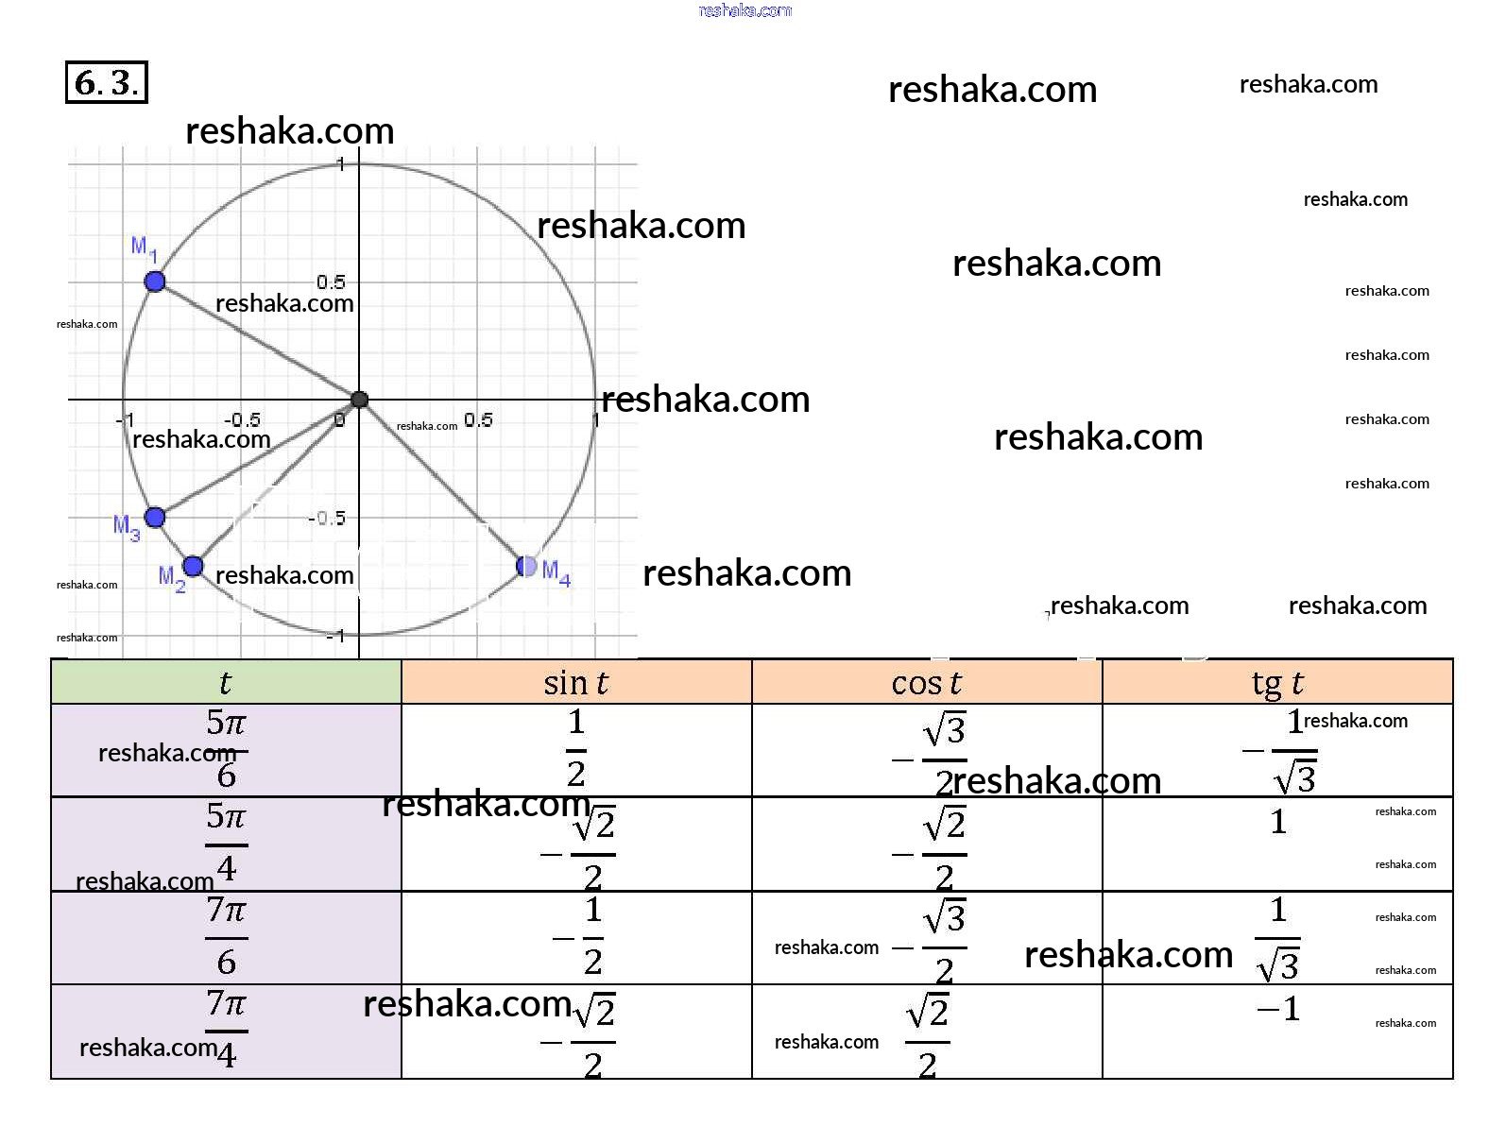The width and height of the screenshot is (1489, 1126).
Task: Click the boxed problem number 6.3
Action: pos(106,82)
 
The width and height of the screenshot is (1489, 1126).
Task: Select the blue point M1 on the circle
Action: pos(155,281)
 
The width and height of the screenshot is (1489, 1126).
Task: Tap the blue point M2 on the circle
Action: pos(193,566)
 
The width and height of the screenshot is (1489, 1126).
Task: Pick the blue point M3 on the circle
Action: pos(155,517)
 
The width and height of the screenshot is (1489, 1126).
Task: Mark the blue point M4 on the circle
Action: pos(527,566)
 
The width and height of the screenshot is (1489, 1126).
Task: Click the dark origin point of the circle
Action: pos(359,400)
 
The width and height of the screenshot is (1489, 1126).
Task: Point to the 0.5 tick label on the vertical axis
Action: pos(331,281)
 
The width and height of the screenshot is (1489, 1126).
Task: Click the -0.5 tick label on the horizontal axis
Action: pos(242,420)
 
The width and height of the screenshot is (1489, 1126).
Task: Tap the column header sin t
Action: pos(575,682)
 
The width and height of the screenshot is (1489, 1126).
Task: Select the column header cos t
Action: pos(926,682)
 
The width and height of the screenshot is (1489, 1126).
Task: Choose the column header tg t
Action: pos(1277,682)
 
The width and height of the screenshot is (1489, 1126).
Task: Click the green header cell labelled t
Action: pos(226,682)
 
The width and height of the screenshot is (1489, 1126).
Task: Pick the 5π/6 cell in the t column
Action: pos(226,750)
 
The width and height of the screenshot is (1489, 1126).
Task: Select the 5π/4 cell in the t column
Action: pos(226,844)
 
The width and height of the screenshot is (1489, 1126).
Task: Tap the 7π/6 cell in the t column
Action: pos(226,937)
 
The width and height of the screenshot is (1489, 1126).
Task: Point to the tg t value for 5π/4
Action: pos(1277,823)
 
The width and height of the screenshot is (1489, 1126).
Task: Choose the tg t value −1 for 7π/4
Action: pos(1278,1010)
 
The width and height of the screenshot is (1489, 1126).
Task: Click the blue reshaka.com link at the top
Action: pos(744,10)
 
